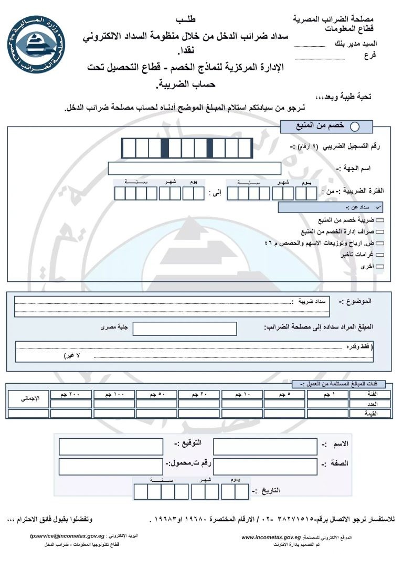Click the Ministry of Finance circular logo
click(37, 44)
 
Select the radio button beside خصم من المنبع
click(355, 126)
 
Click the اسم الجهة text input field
click(194, 168)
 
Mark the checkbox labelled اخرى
click(380, 267)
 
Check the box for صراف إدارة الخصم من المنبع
click(380, 232)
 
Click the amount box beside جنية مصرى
click(185, 329)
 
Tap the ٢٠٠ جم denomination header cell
click(71, 394)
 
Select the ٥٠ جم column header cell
click(156, 394)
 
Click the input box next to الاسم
click(265, 447)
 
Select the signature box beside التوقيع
click(111, 447)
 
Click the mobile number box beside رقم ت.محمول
click(111, 466)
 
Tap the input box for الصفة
click(265, 466)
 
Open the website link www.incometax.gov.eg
click(271, 537)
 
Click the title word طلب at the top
click(186, 20)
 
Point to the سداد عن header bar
click(331, 208)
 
